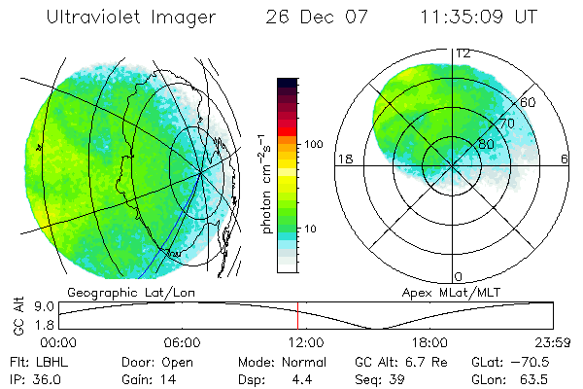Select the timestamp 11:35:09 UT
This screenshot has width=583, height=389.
click(x=480, y=18)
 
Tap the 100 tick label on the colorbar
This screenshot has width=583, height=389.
click(x=313, y=144)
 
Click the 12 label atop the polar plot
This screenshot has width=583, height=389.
click(x=463, y=53)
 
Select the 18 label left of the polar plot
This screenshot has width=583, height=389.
click(x=343, y=159)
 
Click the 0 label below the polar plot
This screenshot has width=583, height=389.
click(x=459, y=277)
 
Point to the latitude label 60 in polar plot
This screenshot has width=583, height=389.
click(x=529, y=102)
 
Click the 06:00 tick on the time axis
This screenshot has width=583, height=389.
click(x=182, y=342)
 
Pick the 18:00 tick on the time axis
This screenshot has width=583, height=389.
click(x=429, y=342)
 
